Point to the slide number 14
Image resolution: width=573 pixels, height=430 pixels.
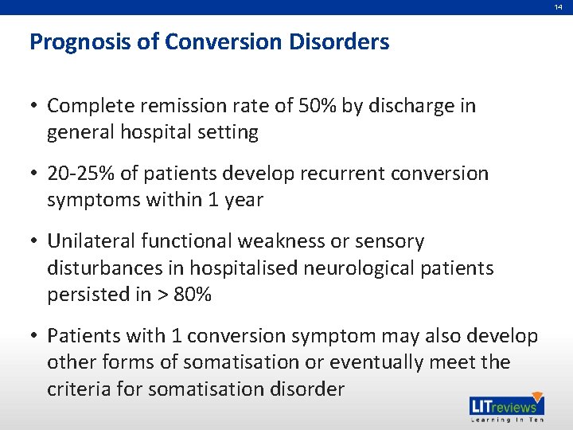559,6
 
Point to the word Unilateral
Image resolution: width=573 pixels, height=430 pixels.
91,240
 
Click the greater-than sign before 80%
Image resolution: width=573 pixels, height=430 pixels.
163,295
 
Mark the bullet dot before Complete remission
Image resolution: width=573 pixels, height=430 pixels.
35,106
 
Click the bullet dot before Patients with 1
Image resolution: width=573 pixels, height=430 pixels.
35,336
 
